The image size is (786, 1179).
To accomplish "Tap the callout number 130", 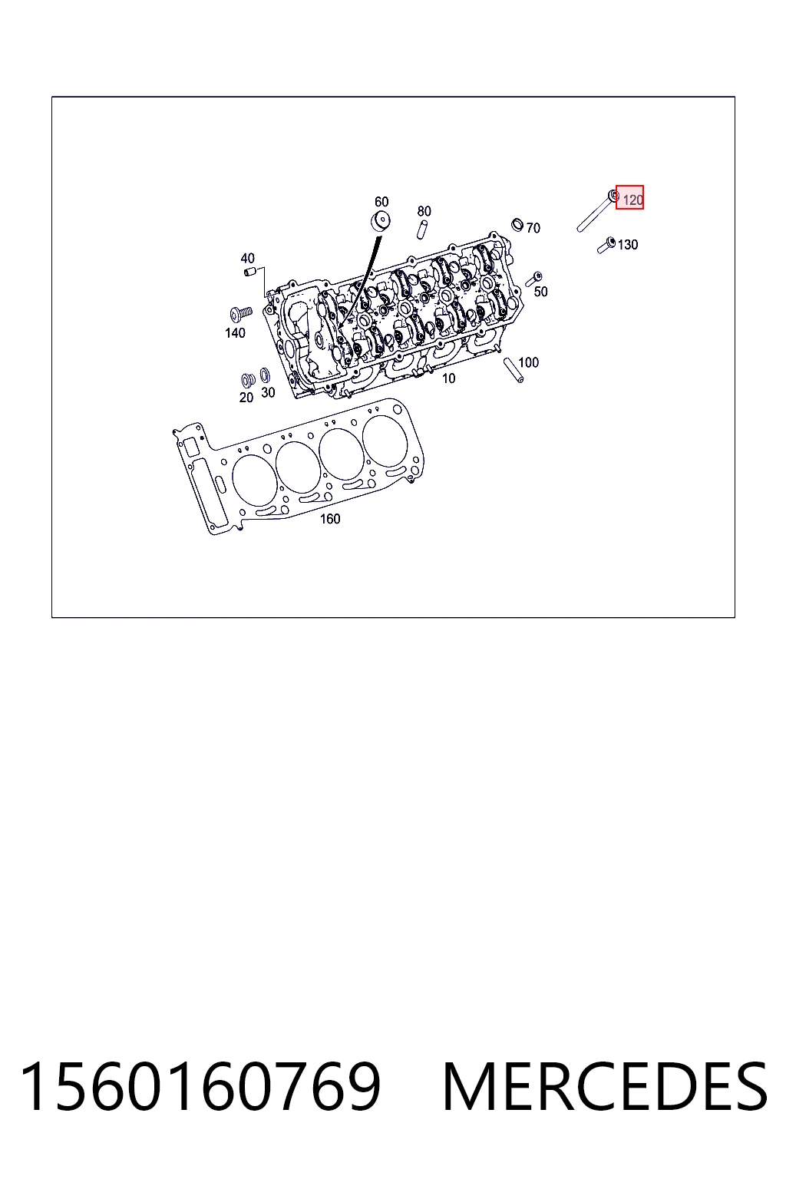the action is coord(628,245).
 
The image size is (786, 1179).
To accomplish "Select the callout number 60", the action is coord(381,202).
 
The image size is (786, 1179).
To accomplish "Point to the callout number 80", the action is coord(424,211).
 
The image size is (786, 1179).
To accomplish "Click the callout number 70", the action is coord(533,228).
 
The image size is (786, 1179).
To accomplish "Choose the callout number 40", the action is coord(247,259).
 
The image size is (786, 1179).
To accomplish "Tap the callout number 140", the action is coord(235,332).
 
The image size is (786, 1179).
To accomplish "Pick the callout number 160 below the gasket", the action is coord(330,519).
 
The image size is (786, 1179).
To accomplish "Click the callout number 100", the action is coord(529,362).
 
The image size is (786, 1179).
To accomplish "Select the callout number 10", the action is coord(448,378).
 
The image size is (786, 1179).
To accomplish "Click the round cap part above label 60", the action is coord(380,221).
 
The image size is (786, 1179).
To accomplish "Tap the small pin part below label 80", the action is coord(421,230).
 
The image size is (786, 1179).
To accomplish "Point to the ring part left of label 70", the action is coord(517,225).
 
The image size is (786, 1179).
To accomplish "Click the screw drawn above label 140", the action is coord(241,314).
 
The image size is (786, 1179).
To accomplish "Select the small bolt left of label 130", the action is coord(606,246).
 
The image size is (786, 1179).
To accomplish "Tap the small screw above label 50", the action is coord(533,279).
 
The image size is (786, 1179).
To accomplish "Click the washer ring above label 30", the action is coord(266,376).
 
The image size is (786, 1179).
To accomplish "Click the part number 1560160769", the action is coord(200,1087).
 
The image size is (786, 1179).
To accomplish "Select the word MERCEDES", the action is coord(606,1087).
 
